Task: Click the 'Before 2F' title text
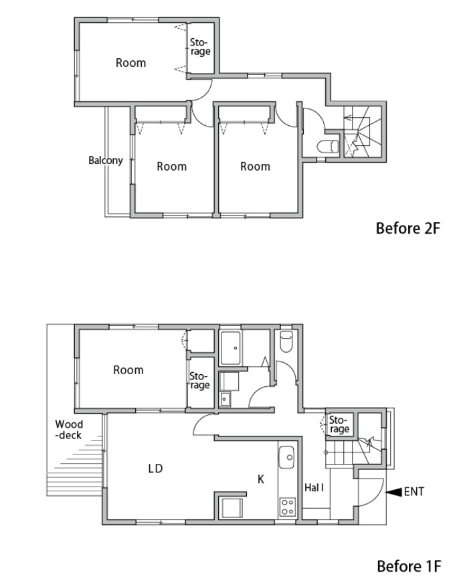point(408,228)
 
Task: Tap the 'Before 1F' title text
point(409,566)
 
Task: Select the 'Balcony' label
point(106,160)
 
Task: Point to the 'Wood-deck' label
point(69,430)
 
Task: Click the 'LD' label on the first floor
point(155,469)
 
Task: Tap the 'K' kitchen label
point(261,479)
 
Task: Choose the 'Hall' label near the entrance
point(314,487)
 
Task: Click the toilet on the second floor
point(328,147)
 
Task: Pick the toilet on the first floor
point(286,341)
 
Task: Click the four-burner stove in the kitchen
point(287,507)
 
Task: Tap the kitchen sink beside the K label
point(286,457)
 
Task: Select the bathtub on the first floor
point(231,348)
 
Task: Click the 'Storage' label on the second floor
point(200,47)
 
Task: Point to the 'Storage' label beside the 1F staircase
point(339,424)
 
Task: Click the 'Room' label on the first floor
point(128,370)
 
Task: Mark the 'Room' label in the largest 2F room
point(130,63)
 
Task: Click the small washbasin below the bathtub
point(225,399)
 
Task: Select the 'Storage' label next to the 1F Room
point(199,380)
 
